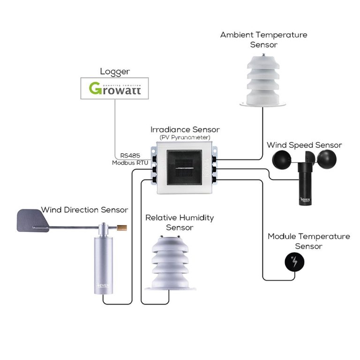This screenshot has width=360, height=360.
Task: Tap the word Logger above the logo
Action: coord(114,72)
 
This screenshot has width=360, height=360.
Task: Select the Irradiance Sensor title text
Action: coord(185,129)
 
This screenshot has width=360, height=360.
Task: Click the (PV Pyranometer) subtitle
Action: coord(185,137)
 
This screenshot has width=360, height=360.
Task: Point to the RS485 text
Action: coord(129,156)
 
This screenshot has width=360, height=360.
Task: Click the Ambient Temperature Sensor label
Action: coord(263,39)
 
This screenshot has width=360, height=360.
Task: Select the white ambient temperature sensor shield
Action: coord(264,80)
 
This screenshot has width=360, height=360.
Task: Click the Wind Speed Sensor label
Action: coord(304,145)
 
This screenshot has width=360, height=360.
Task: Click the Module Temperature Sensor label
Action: coord(308,241)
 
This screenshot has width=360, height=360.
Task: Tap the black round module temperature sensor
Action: coord(294,263)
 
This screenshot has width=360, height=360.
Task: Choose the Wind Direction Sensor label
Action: coord(84,209)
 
